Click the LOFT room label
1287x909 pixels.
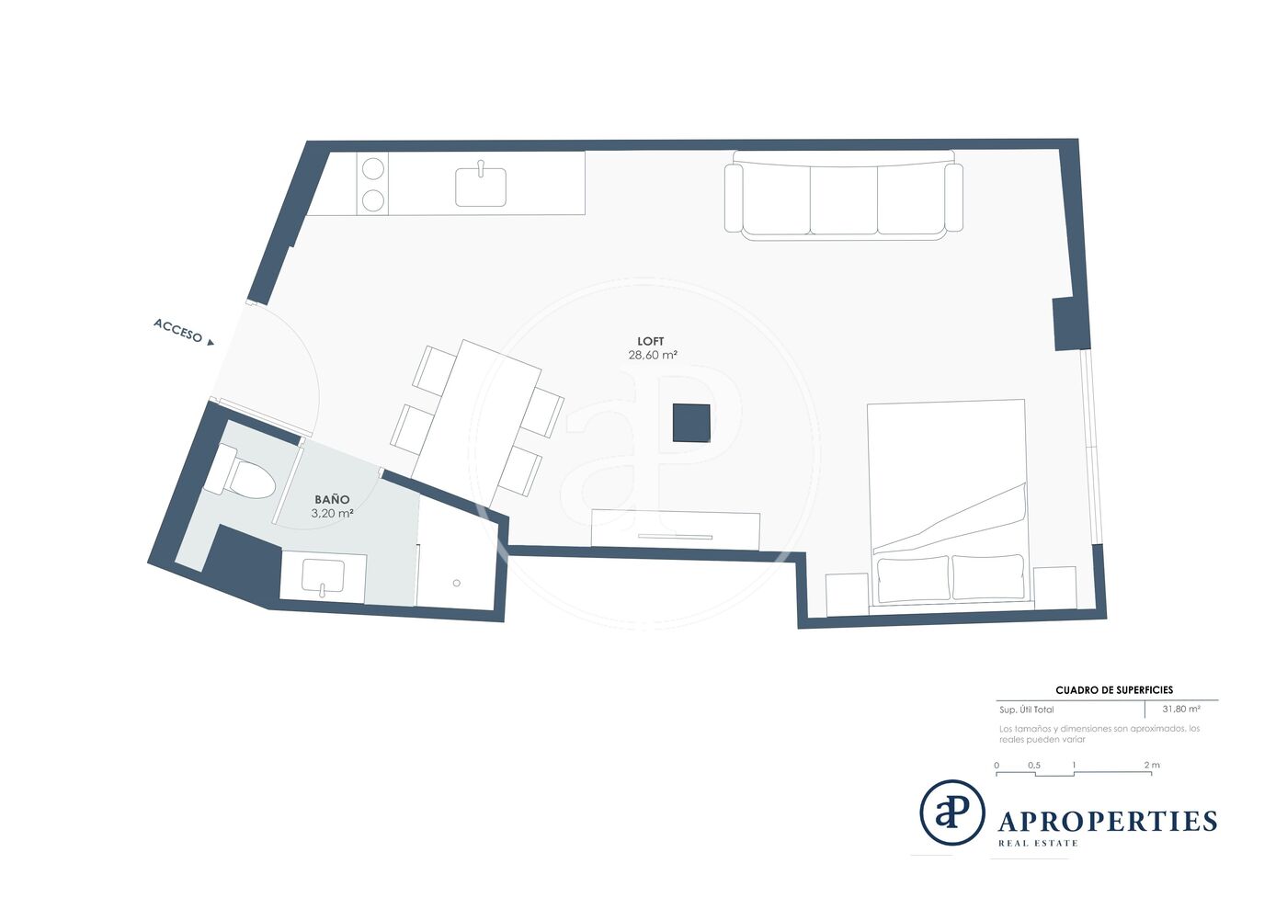pos(651,341)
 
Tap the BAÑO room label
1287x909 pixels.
pos(332,500)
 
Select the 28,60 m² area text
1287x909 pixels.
pos(652,355)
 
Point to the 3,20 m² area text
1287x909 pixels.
pos(332,514)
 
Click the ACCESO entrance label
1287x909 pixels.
pos(178,330)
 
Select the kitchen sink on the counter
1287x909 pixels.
pos(481,187)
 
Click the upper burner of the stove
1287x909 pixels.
pos(373,168)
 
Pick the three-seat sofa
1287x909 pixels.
pos(844,196)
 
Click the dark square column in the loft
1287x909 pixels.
pos(691,423)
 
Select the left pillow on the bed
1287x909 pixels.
pos(913,579)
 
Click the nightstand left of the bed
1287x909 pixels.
pos(847,595)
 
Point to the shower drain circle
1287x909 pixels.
pos(457,584)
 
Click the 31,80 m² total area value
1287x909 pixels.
pos(1181,709)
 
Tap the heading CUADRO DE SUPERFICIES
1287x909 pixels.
pos(1114,690)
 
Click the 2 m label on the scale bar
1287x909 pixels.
pos(1152,765)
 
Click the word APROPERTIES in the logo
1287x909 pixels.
pos(1108,822)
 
